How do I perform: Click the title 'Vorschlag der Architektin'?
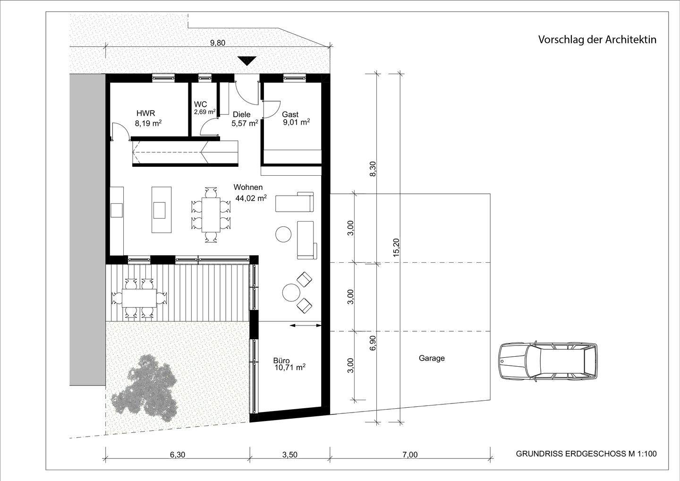pyautogui.click(x=597, y=40)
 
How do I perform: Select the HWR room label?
pyautogui.click(x=145, y=113)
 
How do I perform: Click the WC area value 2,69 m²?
pyautogui.click(x=204, y=112)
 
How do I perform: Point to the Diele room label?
pyautogui.click(x=241, y=114)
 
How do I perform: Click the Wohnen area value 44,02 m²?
pyautogui.click(x=251, y=198)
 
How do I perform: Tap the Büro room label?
pyautogui.click(x=281, y=360)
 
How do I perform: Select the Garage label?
pyautogui.click(x=432, y=358)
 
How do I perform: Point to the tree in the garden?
pyautogui.click(x=144, y=385)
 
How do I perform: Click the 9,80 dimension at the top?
pyautogui.click(x=218, y=43)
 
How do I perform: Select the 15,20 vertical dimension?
pyautogui.click(x=396, y=247)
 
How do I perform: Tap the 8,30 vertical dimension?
pyautogui.click(x=373, y=169)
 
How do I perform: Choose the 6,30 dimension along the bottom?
pyautogui.click(x=177, y=455)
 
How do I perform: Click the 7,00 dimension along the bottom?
pyautogui.click(x=410, y=455)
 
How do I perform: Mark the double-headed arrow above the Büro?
pyautogui.click(x=305, y=325)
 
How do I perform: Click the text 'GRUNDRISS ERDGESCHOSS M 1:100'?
pyautogui.click(x=586, y=454)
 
